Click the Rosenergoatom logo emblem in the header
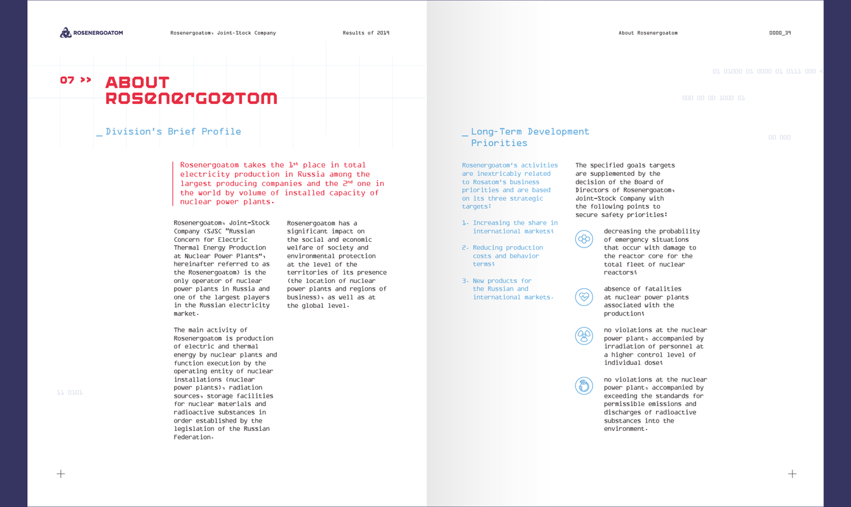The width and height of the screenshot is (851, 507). coord(65,32)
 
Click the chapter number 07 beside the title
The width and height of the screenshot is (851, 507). coord(67,80)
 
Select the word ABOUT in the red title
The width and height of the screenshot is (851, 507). coord(137,82)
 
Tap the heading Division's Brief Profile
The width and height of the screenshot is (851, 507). coord(173,131)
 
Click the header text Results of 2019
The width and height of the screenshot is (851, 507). coord(366,33)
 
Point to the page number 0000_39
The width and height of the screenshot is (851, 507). coord(780,33)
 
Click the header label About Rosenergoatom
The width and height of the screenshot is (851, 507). coord(648,33)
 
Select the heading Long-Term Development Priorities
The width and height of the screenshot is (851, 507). coord(530,137)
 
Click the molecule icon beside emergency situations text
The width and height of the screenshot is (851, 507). coord(584,239)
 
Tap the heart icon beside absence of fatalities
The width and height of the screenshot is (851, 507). coord(584,297)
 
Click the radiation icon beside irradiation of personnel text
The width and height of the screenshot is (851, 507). coord(584,336)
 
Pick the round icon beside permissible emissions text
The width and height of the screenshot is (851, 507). coord(584,385)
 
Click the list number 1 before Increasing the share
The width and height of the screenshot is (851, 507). coord(465,223)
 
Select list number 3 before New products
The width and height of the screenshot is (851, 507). coord(465,280)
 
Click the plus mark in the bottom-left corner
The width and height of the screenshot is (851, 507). coord(61,473)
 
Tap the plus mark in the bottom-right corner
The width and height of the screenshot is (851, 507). coord(792,473)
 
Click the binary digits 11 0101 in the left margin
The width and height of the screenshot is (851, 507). coord(70,393)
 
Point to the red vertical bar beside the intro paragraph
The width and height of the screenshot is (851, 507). coord(173,183)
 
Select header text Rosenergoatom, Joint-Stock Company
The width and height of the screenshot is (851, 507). coord(223,33)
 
